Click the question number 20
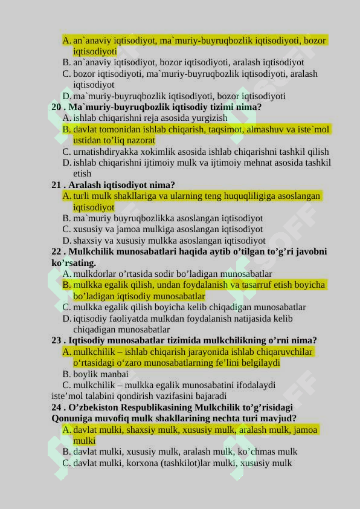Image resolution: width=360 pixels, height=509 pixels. (57, 107)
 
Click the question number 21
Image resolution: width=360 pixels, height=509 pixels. (57, 185)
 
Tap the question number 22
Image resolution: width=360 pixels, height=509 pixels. (57, 251)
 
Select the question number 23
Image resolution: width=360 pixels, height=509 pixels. (57, 340)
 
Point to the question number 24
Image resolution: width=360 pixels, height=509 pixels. (57, 407)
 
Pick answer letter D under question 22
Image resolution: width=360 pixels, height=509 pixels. (66, 319)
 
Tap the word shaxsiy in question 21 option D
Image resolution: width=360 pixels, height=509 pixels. (88, 241)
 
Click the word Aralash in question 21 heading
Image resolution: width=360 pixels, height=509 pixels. (86, 185)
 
